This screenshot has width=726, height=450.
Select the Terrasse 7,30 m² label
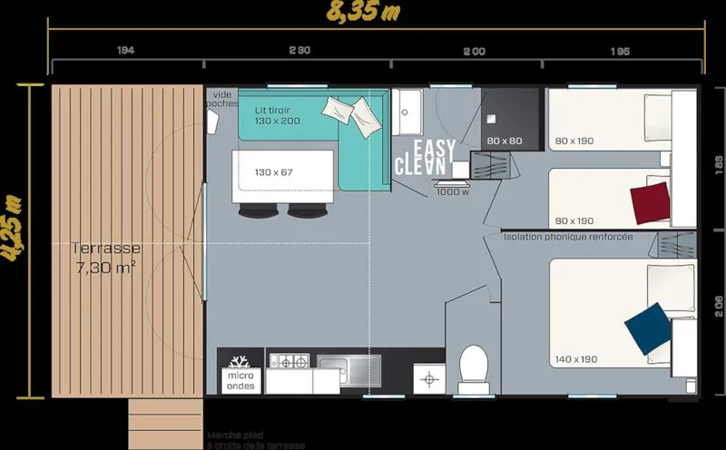107,257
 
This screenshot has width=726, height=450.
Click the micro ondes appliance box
240,380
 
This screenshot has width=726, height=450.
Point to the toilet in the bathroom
473,368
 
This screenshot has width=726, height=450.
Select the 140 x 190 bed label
576,359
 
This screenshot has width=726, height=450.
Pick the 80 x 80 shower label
505,141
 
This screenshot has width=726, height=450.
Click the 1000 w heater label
451,191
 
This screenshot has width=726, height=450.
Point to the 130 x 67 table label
274,171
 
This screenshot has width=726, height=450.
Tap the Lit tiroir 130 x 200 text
277,114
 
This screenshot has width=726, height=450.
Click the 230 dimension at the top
299,52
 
